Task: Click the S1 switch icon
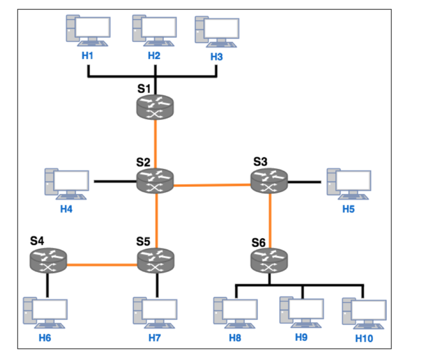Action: (x=155, y=108)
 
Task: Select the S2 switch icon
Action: (x=155, y=180)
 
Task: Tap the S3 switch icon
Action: (x=270, y=180)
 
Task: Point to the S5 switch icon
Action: (x=156, y=260)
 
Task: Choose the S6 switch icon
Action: (x=270, y=261)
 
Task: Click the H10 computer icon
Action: (x=364, y=313)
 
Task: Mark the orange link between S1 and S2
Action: (x=155, y=144)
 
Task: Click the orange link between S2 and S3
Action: (x=212, y=185)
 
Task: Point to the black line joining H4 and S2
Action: (x=115, y=181)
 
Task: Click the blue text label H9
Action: (x=301, y=337)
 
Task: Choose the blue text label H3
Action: (x=217, y=57)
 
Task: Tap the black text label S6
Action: (x=258, y=242)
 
